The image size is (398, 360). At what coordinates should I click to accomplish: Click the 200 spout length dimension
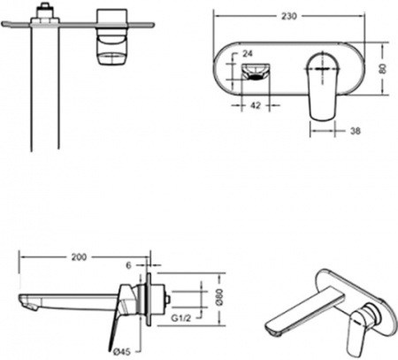pyautogui.click(x=80, y=257)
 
